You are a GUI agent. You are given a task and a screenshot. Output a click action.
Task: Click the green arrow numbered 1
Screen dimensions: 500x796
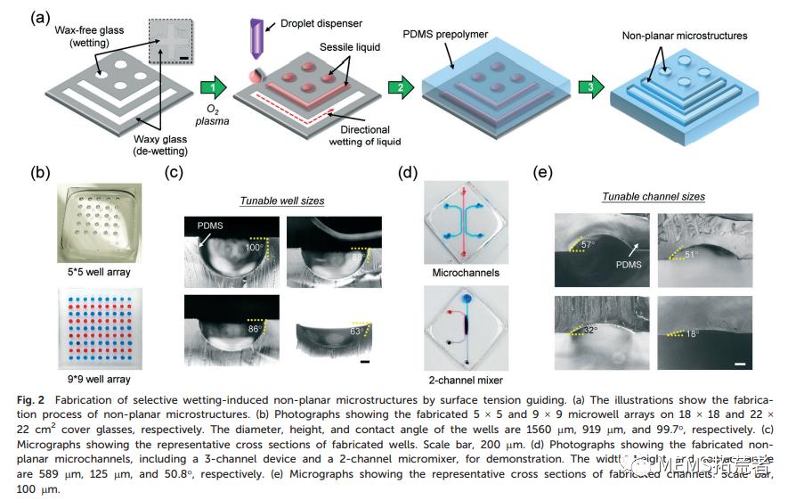[210, 87]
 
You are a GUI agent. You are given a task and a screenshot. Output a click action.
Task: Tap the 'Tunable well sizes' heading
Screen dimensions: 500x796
[282, 201]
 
